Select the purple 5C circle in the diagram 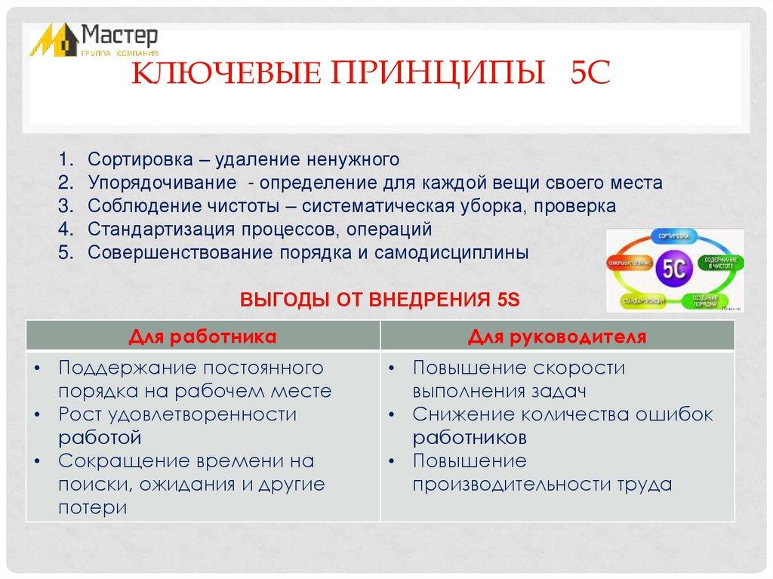[674, 269]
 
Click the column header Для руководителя [557, 336]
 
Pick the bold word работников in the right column [470, 437]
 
